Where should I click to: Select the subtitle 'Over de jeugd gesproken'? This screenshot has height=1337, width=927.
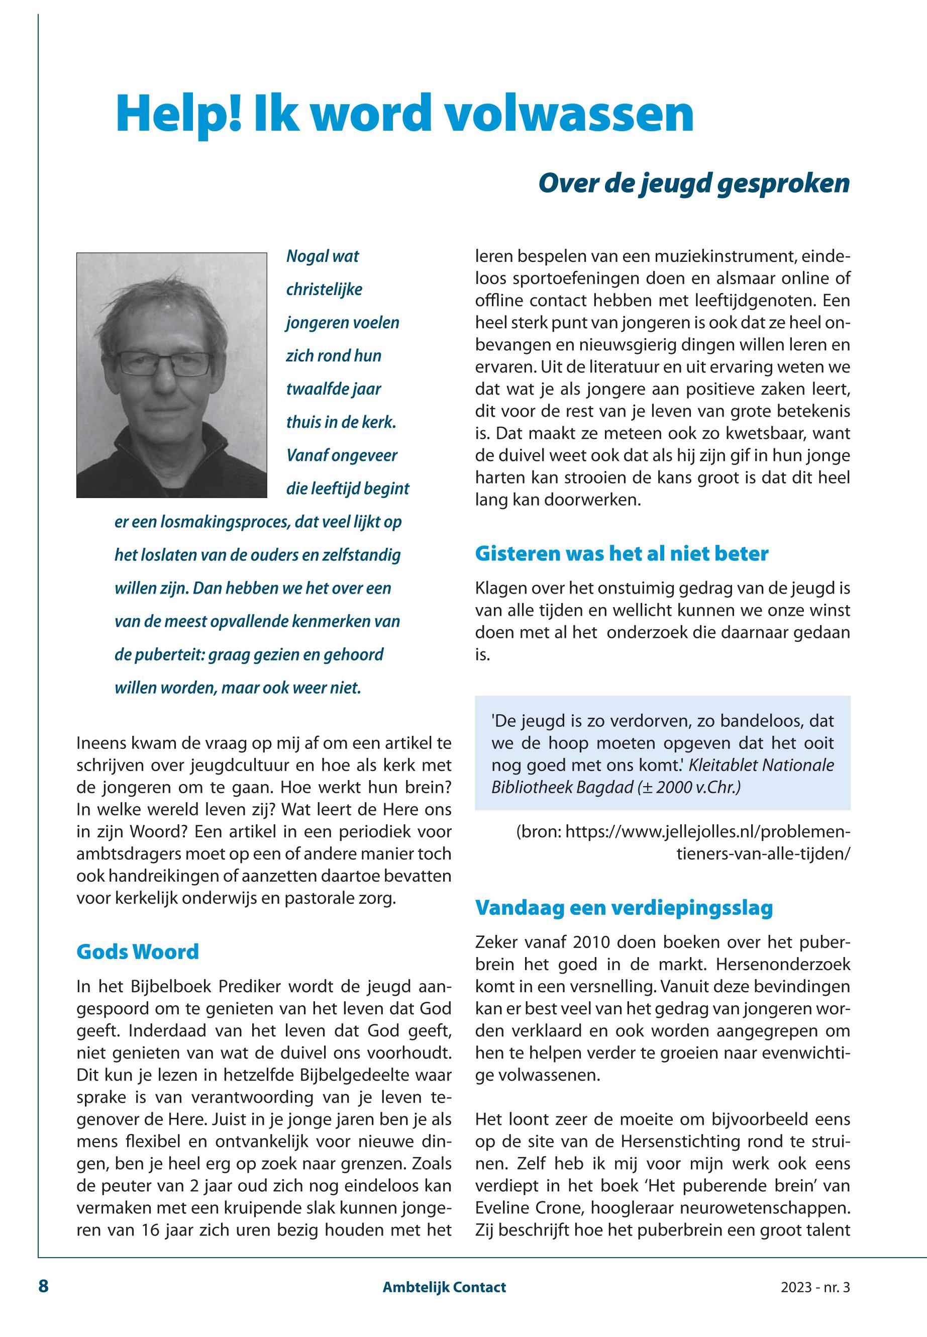(693, 183)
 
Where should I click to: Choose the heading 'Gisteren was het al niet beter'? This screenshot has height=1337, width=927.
(622, 554)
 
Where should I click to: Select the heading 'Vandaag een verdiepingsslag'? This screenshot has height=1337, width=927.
(624, 908)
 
